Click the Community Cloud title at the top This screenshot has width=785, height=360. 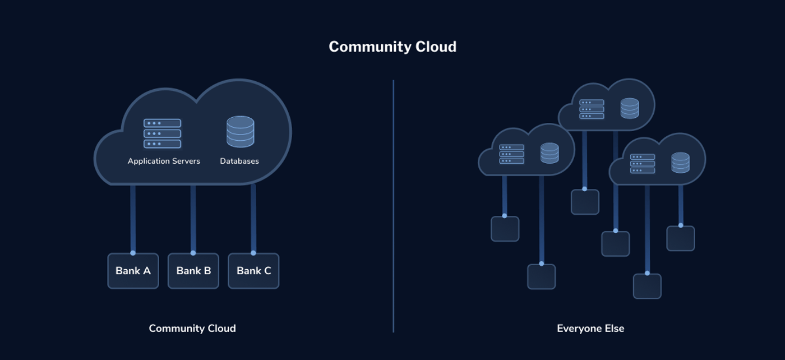click(392, 47)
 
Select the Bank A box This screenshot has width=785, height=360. click(133, 271)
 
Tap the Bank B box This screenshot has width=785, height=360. click(193, 271)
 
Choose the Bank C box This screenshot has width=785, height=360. click(253, 271)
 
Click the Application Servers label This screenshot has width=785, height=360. click(164, 161)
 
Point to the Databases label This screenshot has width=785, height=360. click(239, 161)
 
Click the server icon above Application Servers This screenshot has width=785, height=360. click(162, 133)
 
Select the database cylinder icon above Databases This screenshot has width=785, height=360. click(240, 132)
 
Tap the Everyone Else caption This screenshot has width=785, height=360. click(590, 329)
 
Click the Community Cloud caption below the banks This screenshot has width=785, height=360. click(192, 329)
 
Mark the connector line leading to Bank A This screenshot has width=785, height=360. click(133, 219)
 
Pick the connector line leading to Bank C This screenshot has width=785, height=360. click(253, 219)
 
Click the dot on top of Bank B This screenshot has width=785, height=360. click(193, 253)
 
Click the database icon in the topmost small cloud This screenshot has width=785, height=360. click(630, 109)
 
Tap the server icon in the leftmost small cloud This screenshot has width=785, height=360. click(511, 154)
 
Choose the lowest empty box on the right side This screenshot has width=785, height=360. click(647, 287)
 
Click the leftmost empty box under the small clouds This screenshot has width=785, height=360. click(505, 229)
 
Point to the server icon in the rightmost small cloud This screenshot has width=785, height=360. click(643, 164)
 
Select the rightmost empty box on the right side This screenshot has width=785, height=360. click(681, 239)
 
